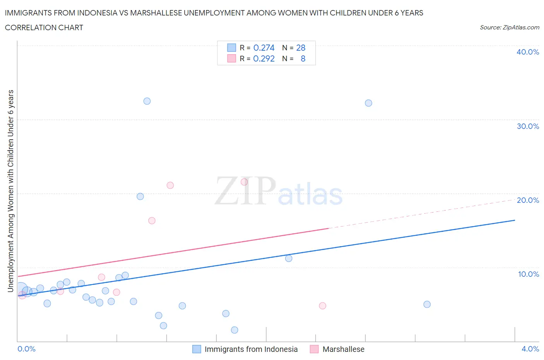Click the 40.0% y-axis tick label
click(x=527, y=52)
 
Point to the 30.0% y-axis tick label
click(x=527, y=126)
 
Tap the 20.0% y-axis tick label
click(x=527, y=200)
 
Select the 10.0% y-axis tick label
click(x=528, y=274)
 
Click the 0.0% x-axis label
click(x=26, y=349)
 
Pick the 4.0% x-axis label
click(x=530, y=349)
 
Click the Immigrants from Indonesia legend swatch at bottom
click(x=197, y=349)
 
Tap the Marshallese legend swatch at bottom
click(x=314, y=349)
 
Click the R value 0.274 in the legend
click(x=264, y=48)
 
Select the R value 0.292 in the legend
click(x=264, y=58)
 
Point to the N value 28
click(x=301, y=48)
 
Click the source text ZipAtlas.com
click(x=509, y=27)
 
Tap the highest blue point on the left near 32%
click(x=147, y=101)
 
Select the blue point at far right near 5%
click(x=427, y=304)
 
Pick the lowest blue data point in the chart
click(x=234, y=330)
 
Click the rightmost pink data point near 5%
click(x=322, y=306)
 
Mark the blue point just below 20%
click(x=140, y=196)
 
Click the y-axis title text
click(x=10, y=191)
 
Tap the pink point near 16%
click(x=152, y=221)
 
